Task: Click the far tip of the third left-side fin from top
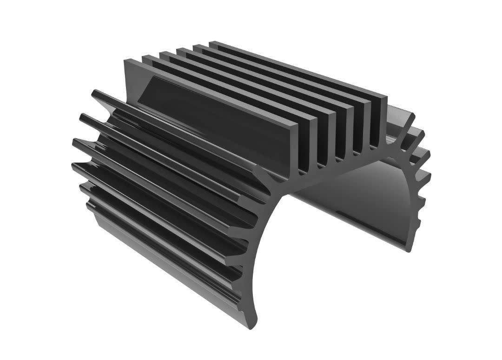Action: [75, 141]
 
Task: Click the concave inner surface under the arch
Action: [353, 205]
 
